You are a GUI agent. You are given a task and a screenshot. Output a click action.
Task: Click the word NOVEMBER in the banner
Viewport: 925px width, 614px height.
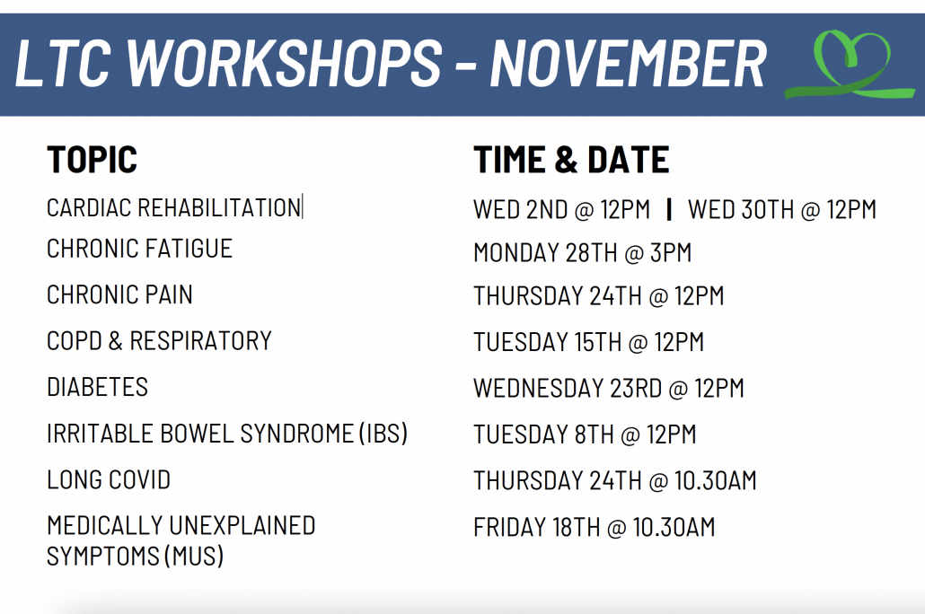629,64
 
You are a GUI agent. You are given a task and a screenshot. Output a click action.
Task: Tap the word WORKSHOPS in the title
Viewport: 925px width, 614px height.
285,64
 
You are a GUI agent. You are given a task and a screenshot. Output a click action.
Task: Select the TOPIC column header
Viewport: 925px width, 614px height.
92,159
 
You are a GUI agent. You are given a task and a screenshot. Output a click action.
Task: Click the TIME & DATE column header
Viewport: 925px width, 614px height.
571,159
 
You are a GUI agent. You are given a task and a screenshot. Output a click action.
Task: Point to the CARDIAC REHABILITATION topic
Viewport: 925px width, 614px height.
174,208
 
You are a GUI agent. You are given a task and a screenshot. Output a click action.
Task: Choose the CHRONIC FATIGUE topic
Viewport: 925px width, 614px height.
140,249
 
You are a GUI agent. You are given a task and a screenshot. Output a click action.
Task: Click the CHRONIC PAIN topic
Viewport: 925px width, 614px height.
119,295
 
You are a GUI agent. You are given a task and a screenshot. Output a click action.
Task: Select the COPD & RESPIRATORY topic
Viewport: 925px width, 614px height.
159,341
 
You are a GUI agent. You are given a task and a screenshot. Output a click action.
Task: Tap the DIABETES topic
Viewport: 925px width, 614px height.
97,388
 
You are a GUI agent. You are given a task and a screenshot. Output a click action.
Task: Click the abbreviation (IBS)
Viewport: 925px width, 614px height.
383,434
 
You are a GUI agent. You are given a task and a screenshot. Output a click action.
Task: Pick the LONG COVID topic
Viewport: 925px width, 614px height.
110,479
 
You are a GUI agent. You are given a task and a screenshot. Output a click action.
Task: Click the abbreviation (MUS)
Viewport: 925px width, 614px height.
194,557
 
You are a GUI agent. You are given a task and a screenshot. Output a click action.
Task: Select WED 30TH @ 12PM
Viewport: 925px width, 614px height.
782,209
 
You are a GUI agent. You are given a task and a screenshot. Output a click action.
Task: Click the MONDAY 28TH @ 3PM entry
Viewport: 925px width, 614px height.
582,253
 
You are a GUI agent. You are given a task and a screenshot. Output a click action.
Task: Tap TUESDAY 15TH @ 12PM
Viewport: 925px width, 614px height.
589,342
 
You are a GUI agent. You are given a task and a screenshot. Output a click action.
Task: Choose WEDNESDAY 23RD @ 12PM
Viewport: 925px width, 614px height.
609,388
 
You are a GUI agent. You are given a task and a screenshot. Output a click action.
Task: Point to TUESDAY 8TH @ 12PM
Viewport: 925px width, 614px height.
585,434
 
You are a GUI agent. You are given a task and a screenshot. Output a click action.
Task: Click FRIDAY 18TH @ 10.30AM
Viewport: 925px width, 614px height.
594,527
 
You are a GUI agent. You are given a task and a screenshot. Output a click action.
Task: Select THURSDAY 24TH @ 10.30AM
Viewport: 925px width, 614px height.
614,481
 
